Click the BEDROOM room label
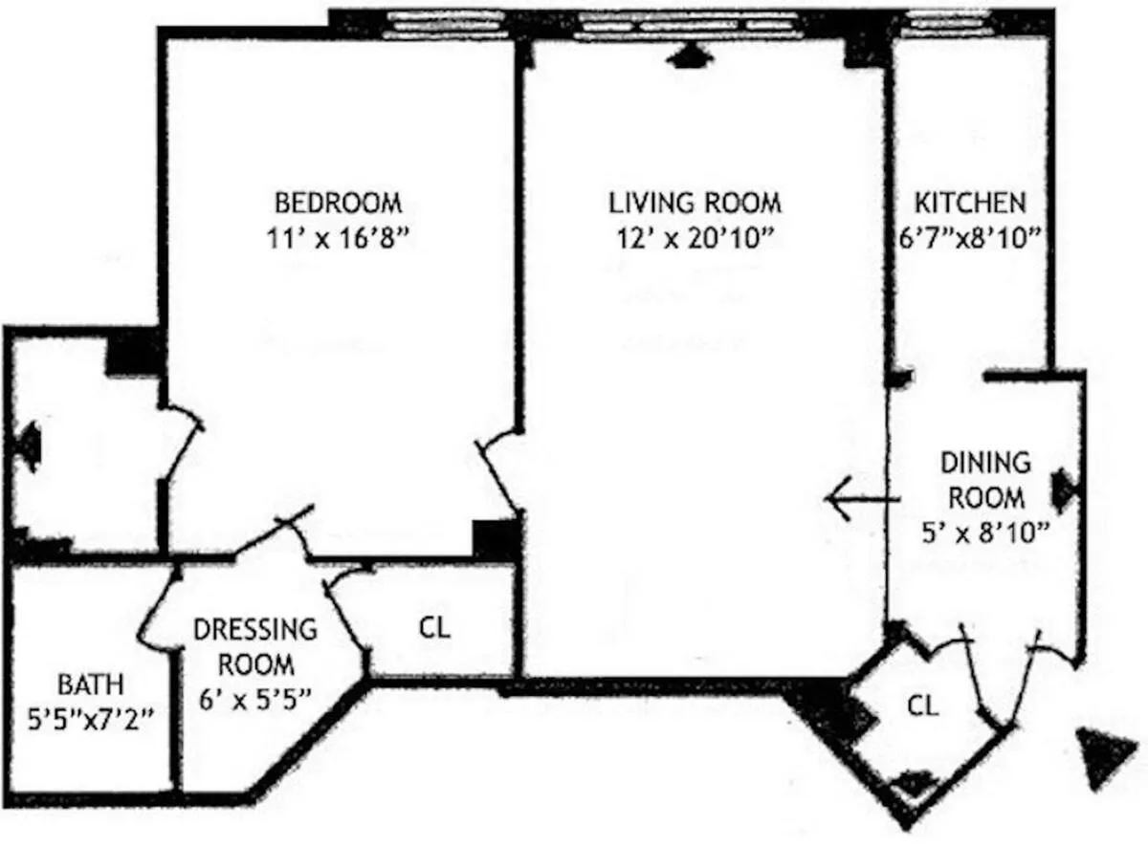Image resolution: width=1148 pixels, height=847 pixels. tap(338, 204)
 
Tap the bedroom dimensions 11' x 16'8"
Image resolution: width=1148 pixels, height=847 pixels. tap(338, 238)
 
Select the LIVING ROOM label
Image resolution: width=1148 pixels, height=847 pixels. tap(695, 204)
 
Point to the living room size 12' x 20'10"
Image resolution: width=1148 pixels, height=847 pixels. tap(695, 238)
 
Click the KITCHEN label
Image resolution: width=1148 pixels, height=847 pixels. tap(970, 204)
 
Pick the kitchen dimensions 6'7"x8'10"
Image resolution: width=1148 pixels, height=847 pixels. tap(969, 238)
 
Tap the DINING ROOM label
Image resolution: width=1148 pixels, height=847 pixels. tap(985, 480)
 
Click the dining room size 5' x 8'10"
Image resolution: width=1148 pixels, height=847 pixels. tap(985, 532)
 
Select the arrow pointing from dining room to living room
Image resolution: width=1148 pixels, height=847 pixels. tap(862, 499)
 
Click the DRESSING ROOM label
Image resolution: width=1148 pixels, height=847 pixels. tap(254, 646)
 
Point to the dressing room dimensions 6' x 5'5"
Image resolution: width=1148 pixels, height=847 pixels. tap(254, 698)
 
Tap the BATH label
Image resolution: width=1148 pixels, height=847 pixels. tap(90, 684)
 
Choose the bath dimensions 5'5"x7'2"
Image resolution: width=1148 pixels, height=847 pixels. tap(90, 718)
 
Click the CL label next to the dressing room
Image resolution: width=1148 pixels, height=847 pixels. tap(433, 628)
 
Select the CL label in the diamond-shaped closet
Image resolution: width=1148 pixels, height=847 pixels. tap(922, 706)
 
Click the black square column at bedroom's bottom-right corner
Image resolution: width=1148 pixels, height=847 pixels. tap(496, 539)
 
